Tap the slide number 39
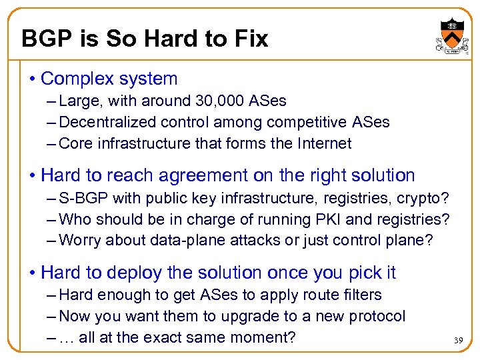459,341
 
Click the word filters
357,295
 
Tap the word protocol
377,316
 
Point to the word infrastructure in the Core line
144,143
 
